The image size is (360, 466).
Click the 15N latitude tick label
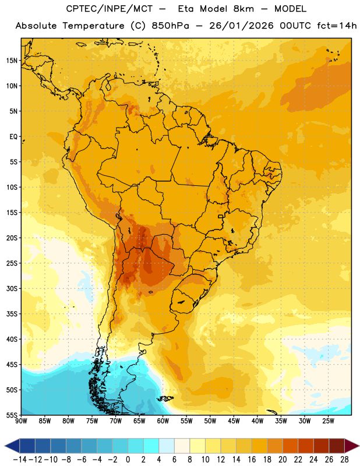[x=12, y=61]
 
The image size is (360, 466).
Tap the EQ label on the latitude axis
[x=13, y=137]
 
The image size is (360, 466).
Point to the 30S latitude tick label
[x=12, y=288]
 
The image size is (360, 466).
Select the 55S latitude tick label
[x=12, y=415]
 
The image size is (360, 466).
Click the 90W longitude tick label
[x=21, y=421]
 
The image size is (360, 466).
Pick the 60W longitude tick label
[x=163, y=421]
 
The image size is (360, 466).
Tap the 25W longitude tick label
[x=328, y=421]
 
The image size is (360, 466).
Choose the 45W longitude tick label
[x=234, y=421]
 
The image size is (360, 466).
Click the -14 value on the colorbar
[x=20, y=460]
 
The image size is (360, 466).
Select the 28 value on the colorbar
[x=344, y=460]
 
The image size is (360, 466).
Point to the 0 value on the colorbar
[x=128, y=460]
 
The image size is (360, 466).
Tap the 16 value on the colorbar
[x=252, y=460]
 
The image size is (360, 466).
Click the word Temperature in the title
[x=93, y=26]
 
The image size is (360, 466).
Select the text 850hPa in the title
[x=170, y=26]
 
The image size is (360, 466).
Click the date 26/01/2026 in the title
[x=241, y=26]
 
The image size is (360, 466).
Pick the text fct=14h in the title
[x=337, y=26]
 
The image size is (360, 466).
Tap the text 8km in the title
[x=243, y=9]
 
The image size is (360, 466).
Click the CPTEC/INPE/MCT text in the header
[x=109, y=9]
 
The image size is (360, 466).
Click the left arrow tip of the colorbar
[x=5, y=446]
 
